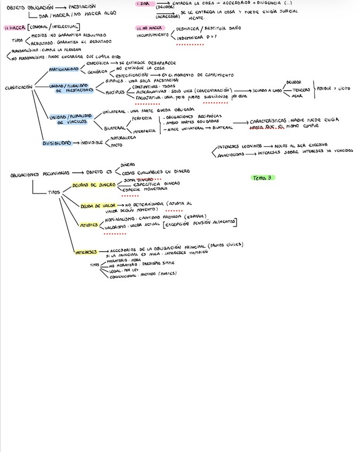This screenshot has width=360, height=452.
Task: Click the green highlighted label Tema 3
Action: point(262,177)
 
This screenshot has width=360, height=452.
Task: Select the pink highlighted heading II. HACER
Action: point(13,27)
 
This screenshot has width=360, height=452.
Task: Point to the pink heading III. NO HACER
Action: point(150,27)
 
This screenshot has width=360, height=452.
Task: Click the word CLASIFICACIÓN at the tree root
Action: point(19,87)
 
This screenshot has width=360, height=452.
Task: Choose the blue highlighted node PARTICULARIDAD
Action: point(64,69)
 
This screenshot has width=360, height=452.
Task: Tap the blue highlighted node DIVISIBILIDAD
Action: point(56,143)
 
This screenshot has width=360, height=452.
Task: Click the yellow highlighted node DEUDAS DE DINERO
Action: point(91,185)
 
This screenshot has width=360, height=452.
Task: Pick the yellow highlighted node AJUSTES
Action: point(88,225)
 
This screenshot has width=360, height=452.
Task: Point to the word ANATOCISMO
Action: point(231,155)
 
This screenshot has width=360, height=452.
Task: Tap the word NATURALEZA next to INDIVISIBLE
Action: point(123,138)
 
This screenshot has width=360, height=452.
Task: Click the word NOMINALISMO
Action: point(122,219)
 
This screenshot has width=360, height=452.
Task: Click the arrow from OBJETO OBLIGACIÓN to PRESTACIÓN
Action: point(61,7)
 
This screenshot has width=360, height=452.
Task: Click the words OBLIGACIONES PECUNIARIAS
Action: point(39,174)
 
